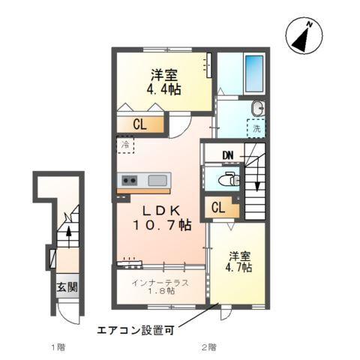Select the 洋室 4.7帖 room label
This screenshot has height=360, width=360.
240,261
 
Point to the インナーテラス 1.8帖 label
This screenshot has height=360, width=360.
159,287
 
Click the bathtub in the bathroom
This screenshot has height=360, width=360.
255,73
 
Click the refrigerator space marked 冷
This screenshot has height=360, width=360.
124,144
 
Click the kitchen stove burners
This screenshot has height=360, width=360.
128,181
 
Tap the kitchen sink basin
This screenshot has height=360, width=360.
158,181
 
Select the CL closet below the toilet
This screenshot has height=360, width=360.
220,208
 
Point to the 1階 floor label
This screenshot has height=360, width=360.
58,347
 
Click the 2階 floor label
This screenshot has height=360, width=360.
208,347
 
